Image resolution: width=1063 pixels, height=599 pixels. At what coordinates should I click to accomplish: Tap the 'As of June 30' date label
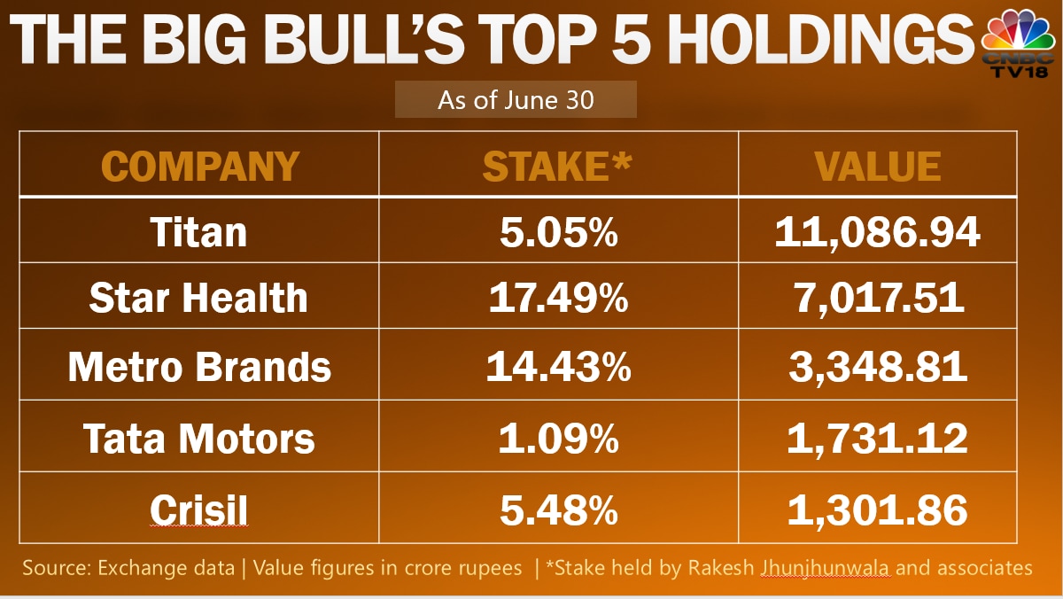(516, 99)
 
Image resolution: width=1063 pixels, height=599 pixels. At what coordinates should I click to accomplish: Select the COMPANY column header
(200, 166)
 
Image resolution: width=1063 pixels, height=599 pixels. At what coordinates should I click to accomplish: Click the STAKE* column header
(558, 166)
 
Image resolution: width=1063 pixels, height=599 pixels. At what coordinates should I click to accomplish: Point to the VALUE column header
(877, 166)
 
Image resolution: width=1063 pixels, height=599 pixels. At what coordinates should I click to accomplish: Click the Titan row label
(199, 232)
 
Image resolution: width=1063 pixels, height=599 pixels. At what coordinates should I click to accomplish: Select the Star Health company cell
(199, 299)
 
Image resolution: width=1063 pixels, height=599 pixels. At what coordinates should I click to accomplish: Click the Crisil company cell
(199, 510)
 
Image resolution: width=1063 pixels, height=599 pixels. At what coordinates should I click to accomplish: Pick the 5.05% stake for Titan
(558, 232)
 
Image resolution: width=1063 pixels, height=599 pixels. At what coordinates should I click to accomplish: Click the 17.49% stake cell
(558, 299)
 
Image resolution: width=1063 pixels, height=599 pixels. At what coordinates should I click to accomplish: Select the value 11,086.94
(877, 232)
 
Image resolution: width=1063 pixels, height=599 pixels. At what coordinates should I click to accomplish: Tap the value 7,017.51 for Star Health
(877, 299)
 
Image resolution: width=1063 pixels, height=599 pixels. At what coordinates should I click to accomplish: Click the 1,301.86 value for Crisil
(877, 510)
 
